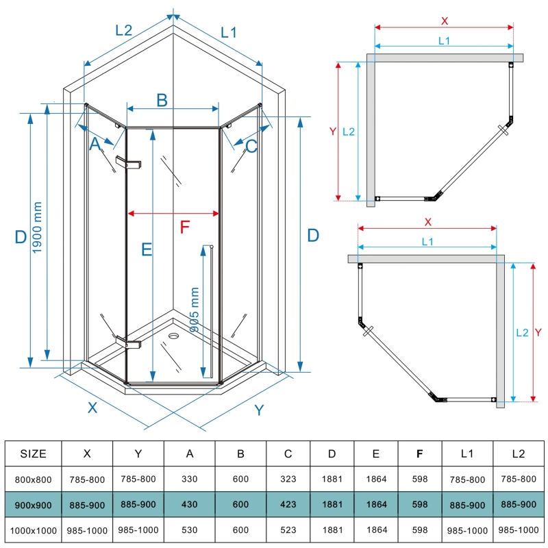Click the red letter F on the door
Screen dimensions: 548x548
tap(183, 227)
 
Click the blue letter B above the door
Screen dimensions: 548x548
tap(162, 100)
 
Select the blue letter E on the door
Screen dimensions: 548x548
tap(146, 250)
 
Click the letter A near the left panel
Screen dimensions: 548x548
tap(95, 145)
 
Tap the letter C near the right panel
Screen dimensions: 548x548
tap(251, 145)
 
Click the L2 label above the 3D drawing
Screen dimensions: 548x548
tap(123, 30)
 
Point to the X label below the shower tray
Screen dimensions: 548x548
tap(92, 407)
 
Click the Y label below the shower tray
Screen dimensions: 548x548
tap(259, 410)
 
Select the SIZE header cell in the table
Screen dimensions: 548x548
tap(34, 453)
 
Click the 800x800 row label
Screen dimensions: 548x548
tap(34, 479)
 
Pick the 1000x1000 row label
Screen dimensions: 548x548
tap(34, 530)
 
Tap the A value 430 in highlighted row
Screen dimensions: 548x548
tap(190, 504)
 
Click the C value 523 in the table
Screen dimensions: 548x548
tap(288, 530)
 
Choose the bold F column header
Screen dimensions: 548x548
tap(419, 453)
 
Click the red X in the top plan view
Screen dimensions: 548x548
tap(445, 21)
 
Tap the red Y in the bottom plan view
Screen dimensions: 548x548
tap(538, 333)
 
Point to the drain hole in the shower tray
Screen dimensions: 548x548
tap(173, 336)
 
